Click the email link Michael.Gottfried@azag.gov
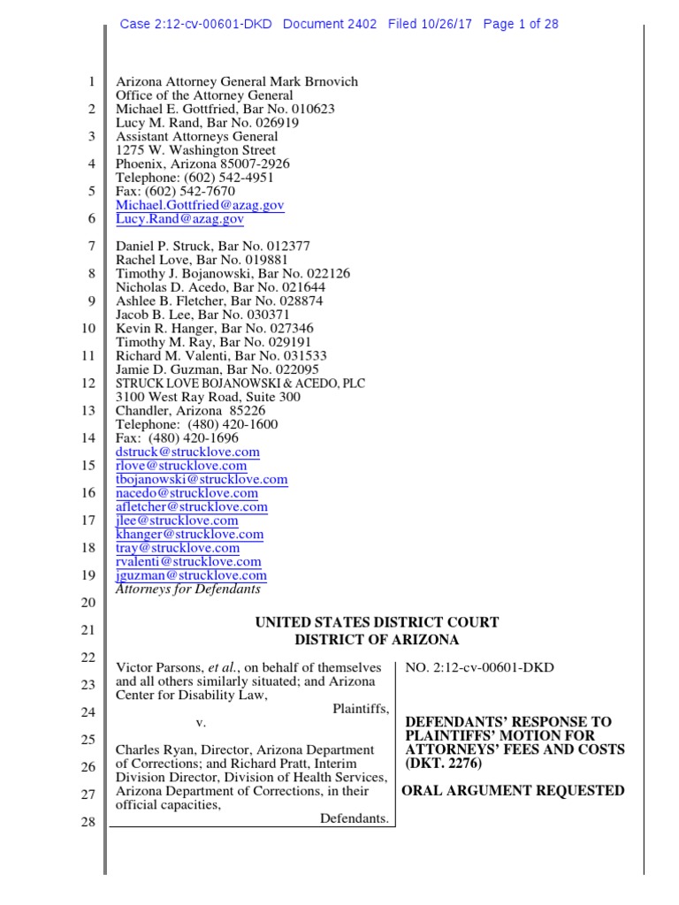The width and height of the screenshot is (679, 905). [200, 205]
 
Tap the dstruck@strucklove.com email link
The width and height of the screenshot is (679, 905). [187, 452]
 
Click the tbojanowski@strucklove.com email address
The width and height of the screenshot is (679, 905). [202, 479]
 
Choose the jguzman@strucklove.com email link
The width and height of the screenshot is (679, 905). [191, 575]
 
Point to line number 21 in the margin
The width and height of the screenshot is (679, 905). [88, 630]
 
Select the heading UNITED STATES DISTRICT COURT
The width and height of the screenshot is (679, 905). [377, 623]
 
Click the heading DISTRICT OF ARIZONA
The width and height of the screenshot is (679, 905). [377, 640]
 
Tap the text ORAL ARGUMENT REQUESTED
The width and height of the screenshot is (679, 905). [513, 791]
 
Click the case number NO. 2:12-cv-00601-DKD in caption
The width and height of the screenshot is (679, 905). [479, 667]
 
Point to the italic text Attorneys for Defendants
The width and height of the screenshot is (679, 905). [188, 589]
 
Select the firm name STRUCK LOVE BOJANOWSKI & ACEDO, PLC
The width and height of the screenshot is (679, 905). [240, 384]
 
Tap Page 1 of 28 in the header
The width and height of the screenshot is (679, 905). [520, 24]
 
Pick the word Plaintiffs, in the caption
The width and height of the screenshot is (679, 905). [361, 709]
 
